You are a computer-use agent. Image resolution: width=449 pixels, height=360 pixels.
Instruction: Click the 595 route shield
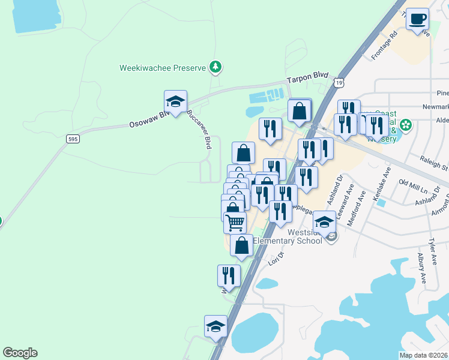pyautogui.click(x=72, y=139)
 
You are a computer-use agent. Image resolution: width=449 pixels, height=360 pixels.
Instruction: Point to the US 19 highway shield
pyautogui.click(x=340, y=82)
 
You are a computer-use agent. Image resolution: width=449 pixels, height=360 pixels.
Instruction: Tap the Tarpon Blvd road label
pyautogui.click(x=308, y=78)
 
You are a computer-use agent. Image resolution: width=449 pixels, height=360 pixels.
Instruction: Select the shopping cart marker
pyautogui.click(x=235, y=222)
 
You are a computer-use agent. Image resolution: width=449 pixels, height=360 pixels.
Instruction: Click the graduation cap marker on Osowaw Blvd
pyautogui.click(x=175, y=102)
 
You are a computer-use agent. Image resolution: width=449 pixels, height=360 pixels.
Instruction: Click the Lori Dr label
pyautogui.click(x=275, y=260)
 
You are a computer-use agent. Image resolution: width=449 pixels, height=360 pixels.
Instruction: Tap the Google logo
pyautogui.click(x=20, y=353)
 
